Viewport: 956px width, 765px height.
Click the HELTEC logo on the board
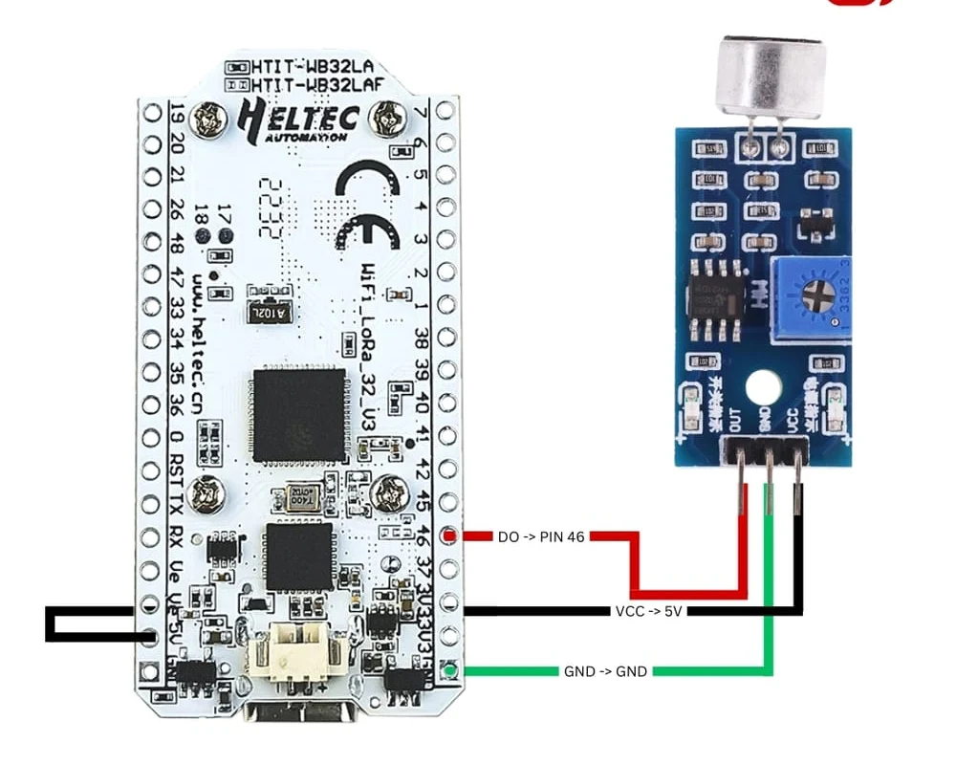(297, 120)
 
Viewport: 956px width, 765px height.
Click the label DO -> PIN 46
(540, 537)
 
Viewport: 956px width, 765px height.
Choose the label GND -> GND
(605, 671)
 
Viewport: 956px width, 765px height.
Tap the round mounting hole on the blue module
(762, 386)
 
